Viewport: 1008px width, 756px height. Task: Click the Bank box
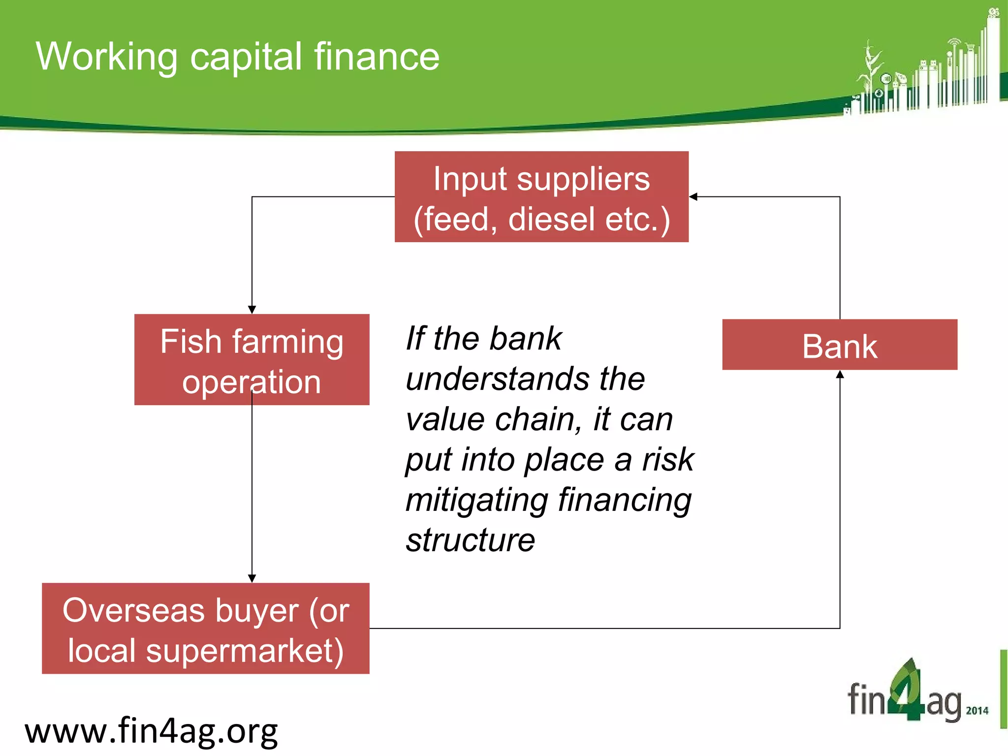pos(840,345)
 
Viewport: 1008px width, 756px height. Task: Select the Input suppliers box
pos(541,196)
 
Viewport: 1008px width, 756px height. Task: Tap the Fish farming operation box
pos(252,359)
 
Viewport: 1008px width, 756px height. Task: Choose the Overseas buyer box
pos(206,628)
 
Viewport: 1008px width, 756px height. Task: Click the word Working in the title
pos(106,57)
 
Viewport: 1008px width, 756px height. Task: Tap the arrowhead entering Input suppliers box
pos(693,197)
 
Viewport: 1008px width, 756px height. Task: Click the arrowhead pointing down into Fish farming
pos(252,310)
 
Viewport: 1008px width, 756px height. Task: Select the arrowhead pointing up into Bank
pos(840,375)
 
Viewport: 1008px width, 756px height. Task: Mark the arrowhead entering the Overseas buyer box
pos(252,578)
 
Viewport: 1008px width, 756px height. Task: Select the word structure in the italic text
pos(470,540)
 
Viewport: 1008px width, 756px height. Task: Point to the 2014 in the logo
pos(977,711)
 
